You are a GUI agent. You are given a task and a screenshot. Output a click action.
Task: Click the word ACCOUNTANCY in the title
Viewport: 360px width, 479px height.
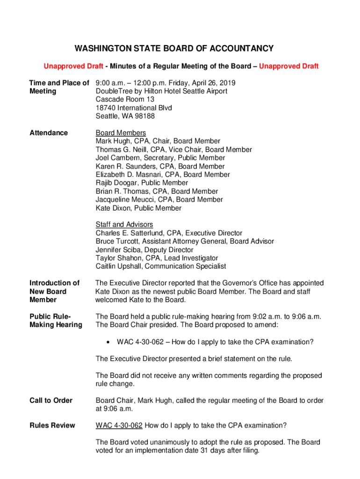click(x=239, y=49)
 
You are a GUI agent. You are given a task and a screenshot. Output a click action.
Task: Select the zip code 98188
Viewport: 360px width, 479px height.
click(x=144, y=116)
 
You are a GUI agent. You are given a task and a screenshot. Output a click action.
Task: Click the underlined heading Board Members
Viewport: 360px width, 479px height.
click(x=121, y=133)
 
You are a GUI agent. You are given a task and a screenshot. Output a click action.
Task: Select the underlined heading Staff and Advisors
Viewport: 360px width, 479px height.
click(x=124, y=225)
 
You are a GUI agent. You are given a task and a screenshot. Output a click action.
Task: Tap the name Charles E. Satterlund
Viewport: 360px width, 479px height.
click(x=130, y=233)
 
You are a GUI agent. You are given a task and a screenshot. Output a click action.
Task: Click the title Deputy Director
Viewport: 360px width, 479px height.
click(x=167, y=250)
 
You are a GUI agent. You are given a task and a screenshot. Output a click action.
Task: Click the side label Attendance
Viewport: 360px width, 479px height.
click(x=49, y=133)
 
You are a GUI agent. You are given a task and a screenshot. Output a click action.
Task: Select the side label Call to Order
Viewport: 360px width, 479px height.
click(x=51, y=400)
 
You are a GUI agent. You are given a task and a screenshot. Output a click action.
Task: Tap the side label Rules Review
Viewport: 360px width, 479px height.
click(x=52, y=425)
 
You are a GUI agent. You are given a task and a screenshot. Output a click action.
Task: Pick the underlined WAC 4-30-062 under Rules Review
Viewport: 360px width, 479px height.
click(x=119, y=425)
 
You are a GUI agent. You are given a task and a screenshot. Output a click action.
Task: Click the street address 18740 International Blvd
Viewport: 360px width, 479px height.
click(x=134, y=108)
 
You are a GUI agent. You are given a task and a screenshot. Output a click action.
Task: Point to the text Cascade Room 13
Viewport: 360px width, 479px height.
click(x=125, y=99)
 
